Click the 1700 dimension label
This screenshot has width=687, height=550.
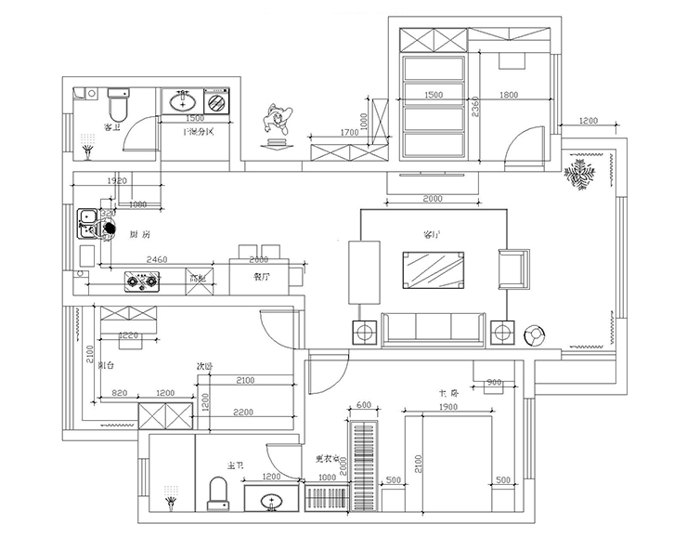(349, 133)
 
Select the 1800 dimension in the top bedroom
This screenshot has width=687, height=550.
(509, 95)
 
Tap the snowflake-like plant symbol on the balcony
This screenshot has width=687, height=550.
(581, 175)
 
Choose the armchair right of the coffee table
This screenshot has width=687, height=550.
(513, 269)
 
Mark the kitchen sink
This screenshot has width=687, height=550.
(89, 221)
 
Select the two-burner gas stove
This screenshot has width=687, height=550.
(141, 280)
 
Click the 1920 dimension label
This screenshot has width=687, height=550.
(117, 180)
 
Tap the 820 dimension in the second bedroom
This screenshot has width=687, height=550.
(119, 394)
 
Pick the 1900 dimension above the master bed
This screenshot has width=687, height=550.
(447, 408)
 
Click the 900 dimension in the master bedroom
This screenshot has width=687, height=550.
(494, 383)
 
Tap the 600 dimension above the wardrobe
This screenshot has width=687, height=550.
(363, 405)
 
